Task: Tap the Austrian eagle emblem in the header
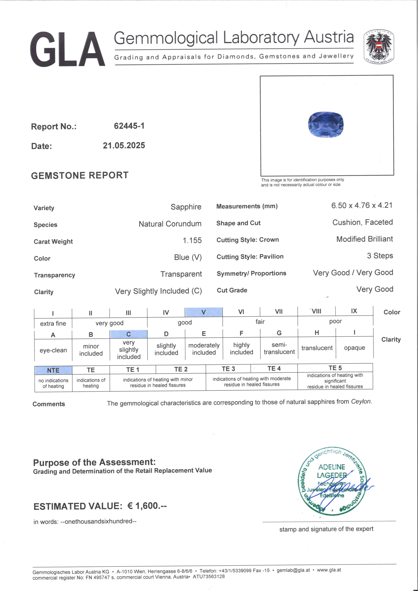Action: click(379, 47)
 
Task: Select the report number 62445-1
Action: click(129, 126)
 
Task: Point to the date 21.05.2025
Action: click(124, 145)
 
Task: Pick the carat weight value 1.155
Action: click(192, 240)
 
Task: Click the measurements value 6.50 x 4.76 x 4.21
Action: click(362, 205)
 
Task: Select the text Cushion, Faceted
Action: click(362, 222)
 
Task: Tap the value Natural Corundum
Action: click(170, 224)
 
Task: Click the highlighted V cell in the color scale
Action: click(203, 312)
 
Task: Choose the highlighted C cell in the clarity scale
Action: click(128, 334)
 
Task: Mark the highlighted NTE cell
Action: click(53, 370)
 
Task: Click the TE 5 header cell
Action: click(335, 368)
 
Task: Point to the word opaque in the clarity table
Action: click(354, 348)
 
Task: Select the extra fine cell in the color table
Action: click(53, 323)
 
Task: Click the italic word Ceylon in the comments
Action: click(361, 401)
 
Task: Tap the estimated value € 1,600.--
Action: click(147, 506)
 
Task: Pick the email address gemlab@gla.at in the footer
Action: click(293, 570)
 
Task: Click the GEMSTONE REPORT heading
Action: click(80, 175)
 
